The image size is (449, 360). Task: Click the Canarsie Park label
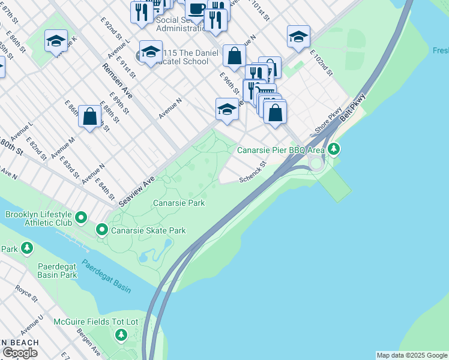tap(179, 203)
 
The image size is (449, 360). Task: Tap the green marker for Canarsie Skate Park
tap(102, 230)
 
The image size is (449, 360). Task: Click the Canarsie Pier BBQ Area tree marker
tap(334, 149)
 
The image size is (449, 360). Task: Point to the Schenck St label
tap(253, 172)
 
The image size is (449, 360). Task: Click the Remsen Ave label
tap(118, 81)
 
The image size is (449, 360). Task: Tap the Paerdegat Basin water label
tap(106, 276)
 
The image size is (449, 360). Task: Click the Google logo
tap(20, 353)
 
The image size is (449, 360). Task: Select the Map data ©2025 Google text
tap(411, 355)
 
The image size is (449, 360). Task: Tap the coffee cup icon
tap(196, 8)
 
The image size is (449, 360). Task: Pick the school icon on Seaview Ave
tap(227, 109)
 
